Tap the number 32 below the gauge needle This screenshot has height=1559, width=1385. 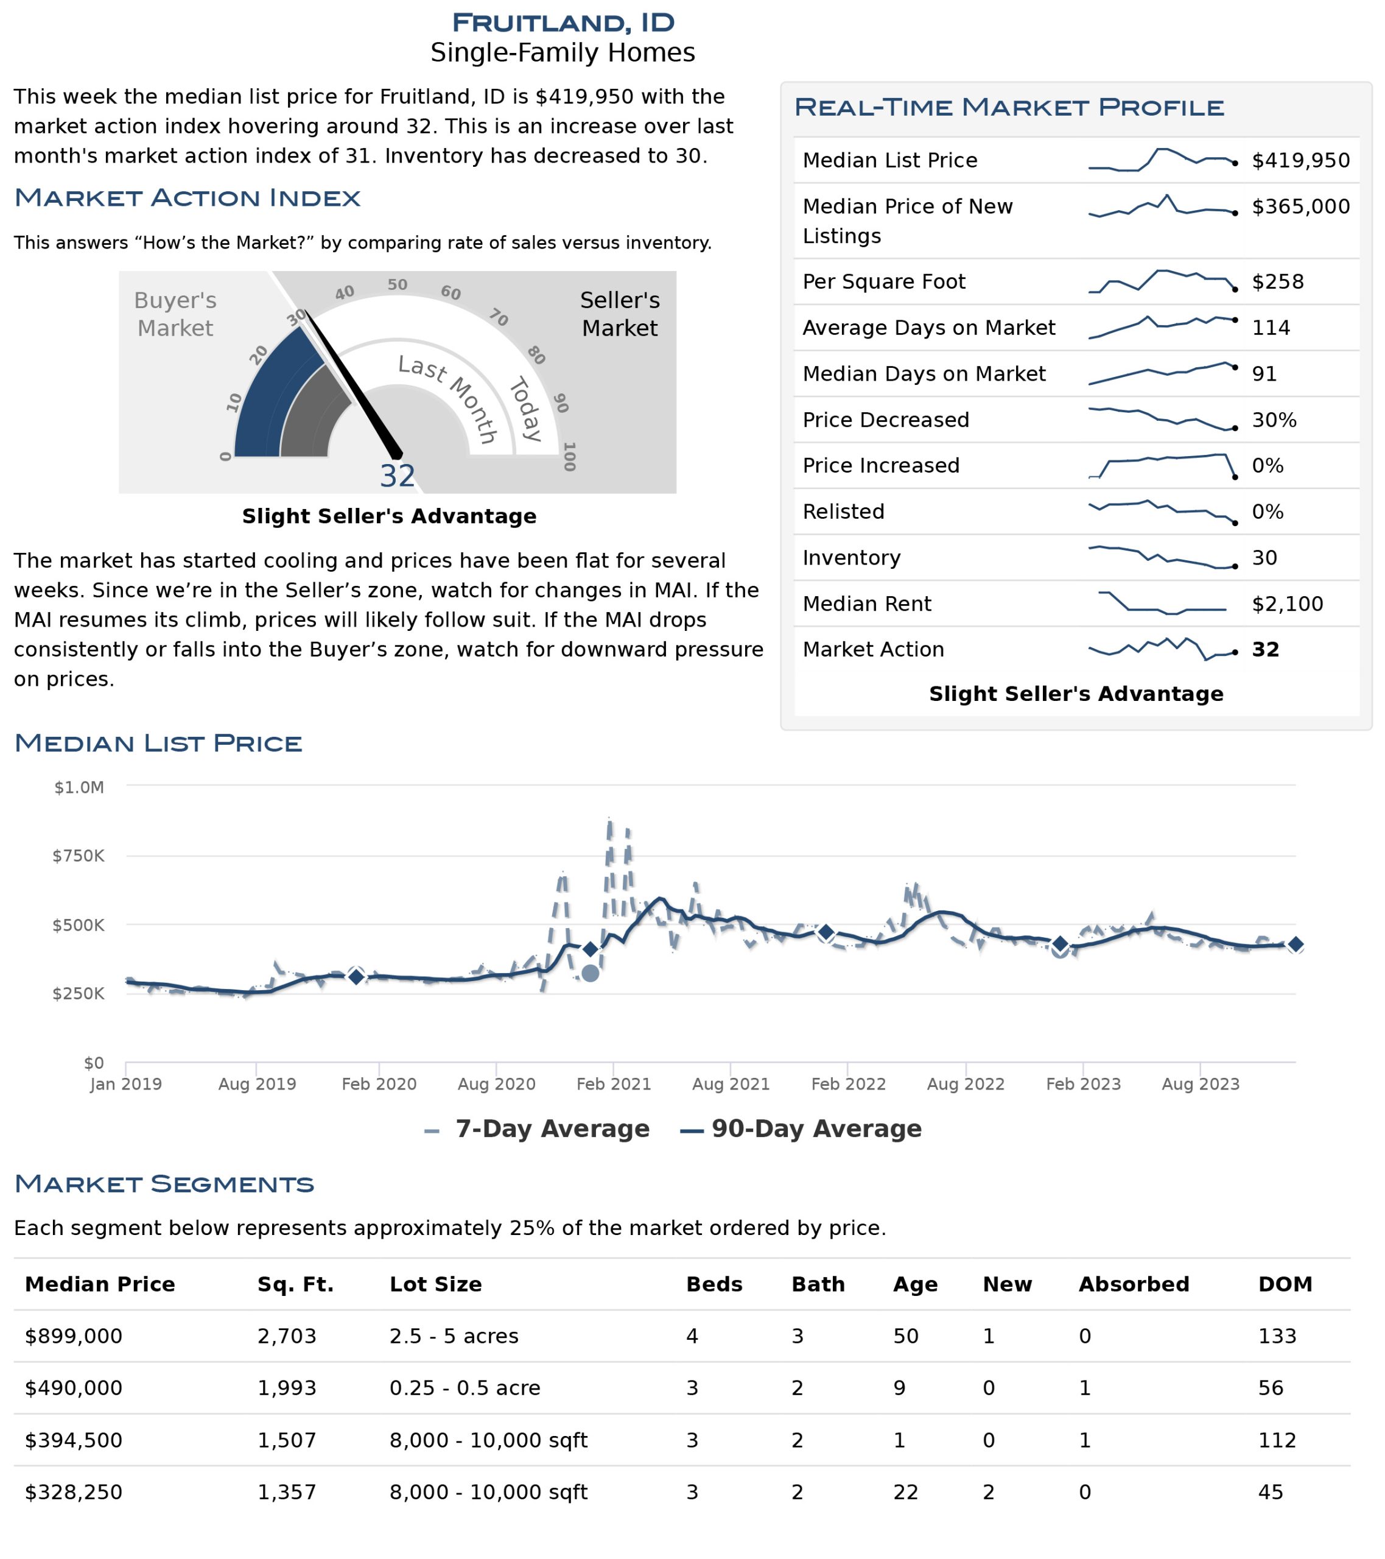[x=398, y=476]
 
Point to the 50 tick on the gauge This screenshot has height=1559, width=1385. [x=398, y=284]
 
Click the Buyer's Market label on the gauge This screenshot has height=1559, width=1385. [x=175, y=314]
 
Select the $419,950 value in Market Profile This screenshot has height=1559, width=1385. [x=1301, y=160]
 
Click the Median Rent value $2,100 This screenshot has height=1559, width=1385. [x=1288, y=604]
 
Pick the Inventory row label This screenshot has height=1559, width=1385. [x=851, y=558]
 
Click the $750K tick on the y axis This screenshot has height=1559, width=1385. [x=79, y=856]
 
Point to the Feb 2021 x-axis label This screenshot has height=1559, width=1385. [x=613, y=1084]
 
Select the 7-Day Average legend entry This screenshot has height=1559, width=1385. [x=537, y=1129]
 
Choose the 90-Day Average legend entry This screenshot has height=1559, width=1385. [x=801, y=1129]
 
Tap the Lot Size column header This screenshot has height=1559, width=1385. [x=435, y=1284]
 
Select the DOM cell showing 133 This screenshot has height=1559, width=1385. [x=1277, y=1336]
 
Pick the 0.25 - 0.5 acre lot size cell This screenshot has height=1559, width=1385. [x=465, y=1388]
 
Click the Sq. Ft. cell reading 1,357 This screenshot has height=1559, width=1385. [x=287, y=1492]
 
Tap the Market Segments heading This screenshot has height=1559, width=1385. [x=164, y=1184]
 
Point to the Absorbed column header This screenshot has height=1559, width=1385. [x=1134, y=1284]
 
